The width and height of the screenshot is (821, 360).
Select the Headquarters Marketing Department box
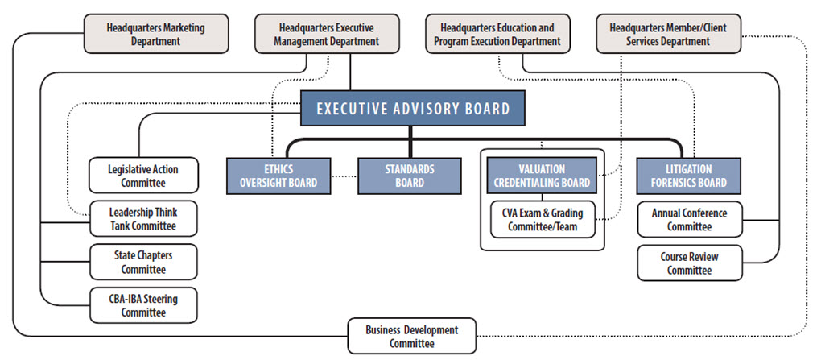[144, 35]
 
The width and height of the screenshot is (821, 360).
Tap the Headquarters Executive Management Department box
[327, 35]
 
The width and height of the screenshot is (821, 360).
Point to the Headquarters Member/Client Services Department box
[667, 35]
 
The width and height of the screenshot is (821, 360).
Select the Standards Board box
[410, 176]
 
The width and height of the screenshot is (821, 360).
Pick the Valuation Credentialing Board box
[541, 176]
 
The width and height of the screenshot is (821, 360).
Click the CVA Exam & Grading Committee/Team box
[544, 220]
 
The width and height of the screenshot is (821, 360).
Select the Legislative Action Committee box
[142, 176]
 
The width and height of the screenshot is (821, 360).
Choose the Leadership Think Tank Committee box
[142, 219]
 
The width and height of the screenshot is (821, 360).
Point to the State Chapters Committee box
[142, 262]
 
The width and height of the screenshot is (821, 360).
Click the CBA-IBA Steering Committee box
[142, 305]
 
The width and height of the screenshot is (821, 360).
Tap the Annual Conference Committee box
[688, 220]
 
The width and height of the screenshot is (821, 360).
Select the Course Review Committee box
[688, 263]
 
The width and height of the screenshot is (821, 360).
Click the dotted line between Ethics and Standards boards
[344, 176]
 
